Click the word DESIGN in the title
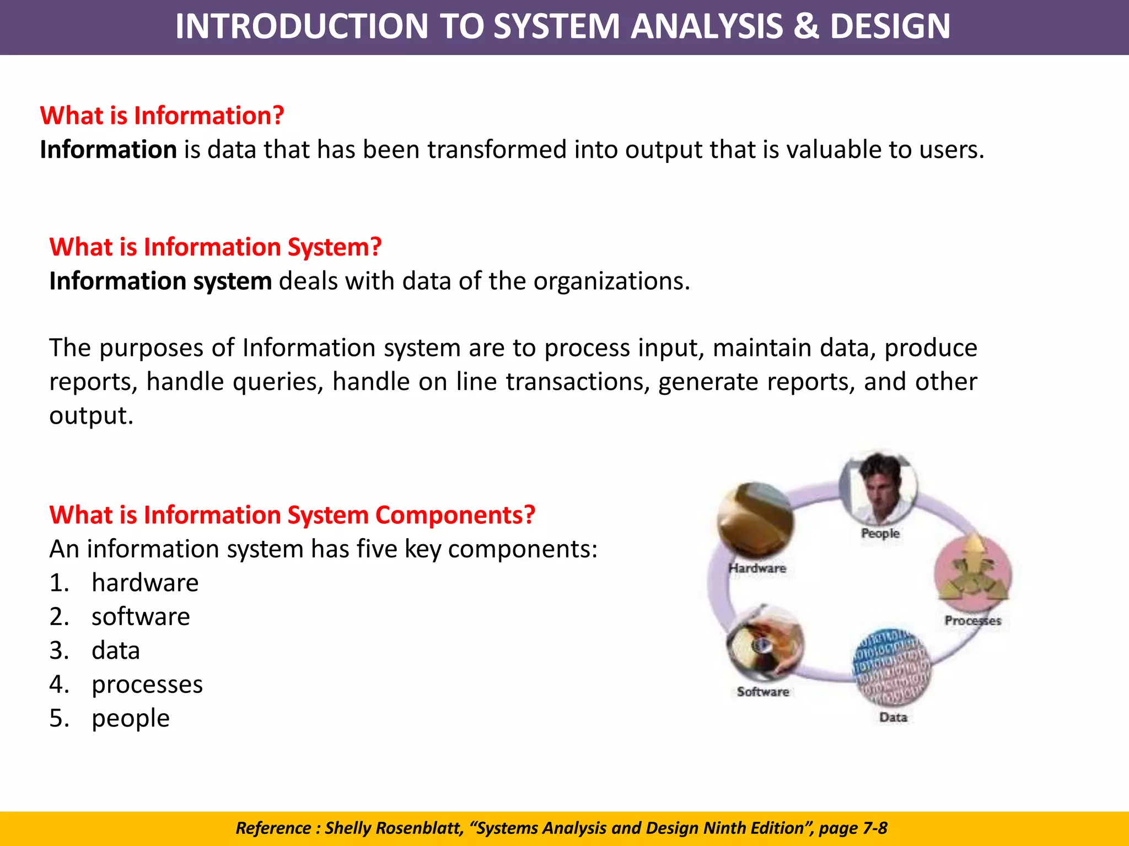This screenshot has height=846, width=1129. pyautogui.click(x=890, y=26)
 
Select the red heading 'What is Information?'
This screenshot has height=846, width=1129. pyautogui.click(x=162, y=116)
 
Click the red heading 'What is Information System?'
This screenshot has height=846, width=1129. pyautogui.click(x=216, y=247)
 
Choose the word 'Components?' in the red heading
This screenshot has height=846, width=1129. pyautogui.click(x=455, y=515)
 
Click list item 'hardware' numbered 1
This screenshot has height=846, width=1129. pyautogui.click(x=145, y=583)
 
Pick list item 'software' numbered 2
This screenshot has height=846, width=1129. pyautogui.click(x=141, y=617)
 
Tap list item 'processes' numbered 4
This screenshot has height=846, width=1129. pyautogui.click(x=147, y=685)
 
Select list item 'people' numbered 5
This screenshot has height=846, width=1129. pyautogui.click(x=131, y=718)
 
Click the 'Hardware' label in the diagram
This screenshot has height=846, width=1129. pyautogui.click(x=757, y=568)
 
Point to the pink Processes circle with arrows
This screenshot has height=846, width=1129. pyautogui.click(x=973, y=573)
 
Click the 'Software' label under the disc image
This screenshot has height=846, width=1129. pyautogui.click(x=763, y=692)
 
